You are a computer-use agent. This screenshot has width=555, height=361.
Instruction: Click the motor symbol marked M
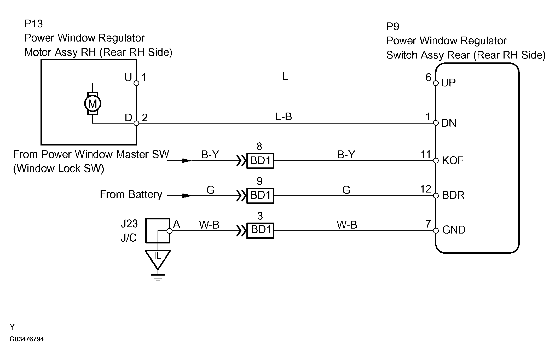92,103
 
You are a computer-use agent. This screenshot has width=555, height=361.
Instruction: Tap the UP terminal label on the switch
448,83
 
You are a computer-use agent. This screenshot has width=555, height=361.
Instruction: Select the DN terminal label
449,123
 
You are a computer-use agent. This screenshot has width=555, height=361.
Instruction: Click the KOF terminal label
453,160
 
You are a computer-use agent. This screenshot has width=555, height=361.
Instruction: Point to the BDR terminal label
453,195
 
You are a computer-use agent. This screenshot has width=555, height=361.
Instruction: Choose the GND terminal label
454,230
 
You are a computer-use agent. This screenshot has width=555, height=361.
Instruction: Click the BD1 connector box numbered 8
260,161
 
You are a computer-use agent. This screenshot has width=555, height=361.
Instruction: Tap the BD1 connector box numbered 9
260,195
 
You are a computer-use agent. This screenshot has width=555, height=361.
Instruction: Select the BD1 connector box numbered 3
260,230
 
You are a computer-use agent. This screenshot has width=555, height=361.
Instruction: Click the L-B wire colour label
284,117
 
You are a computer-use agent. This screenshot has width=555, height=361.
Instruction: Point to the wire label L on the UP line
285,76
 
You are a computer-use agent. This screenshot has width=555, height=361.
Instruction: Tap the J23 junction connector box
158,231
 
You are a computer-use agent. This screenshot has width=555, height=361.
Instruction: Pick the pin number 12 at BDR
426,189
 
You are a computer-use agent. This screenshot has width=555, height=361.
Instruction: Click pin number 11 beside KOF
426,154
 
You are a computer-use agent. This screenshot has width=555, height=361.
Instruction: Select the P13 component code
33,24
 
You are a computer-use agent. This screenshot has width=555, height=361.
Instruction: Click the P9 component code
393,26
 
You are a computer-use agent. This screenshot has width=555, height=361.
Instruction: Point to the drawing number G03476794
27,339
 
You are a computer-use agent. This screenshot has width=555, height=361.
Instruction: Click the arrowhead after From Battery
187,195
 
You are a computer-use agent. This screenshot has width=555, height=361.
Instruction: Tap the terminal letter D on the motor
128,118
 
